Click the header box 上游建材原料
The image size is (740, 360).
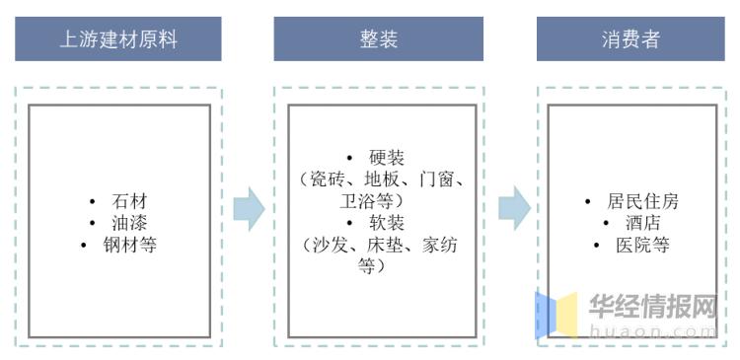point(118,39)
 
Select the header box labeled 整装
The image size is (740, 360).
point(379,39)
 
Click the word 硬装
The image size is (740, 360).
point(387,158)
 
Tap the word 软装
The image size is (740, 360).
point(387,223)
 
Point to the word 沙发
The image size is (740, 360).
point(330,245)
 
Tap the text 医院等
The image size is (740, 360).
point(643,244)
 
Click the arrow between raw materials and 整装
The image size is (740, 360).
point(249,208)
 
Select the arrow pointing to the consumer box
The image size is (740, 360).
point(513,208)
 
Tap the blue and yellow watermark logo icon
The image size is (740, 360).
point(556,315)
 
